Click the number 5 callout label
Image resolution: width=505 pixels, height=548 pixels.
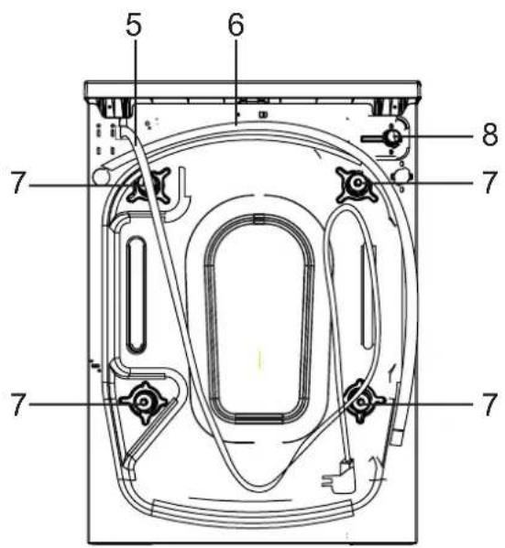pos(134,26)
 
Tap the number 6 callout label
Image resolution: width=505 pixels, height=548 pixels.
pos(236,26)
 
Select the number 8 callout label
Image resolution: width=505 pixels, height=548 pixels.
pos(489,134)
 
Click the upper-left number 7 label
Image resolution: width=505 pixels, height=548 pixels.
pos(19,183)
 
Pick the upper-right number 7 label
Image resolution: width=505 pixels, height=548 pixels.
pos(489,182)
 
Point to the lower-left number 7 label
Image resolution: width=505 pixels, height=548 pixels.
pos(18,404)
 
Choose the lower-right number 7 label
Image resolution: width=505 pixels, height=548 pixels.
pos(489,404)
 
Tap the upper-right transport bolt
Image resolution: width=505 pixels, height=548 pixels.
pos(357,184)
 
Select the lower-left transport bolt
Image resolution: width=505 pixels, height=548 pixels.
pos(143,402)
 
